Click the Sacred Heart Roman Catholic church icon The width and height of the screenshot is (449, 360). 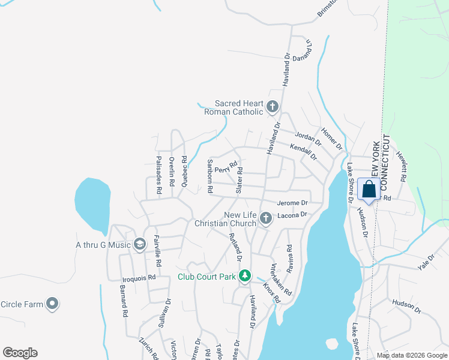pyautogui.click(x=273, y=107)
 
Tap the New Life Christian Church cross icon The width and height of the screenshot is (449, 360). pyautogui.click(x=265, y=218)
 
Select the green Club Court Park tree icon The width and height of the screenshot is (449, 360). pyautogui.click(x=244, y=276)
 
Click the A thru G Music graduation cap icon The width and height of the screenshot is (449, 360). pyautogui.click(x=140, y=244)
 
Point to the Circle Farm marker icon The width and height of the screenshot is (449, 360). pyautogui.click(x=53, y=304)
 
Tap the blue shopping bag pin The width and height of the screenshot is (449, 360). pyautogui.click(x=369, y=190)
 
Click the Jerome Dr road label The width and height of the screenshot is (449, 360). pyautogui.click(x=292, y=203)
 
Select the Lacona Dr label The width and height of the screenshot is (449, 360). pyautogui.click(x=292, y=215)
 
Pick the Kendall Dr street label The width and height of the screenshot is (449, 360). pyautogui.click(x=304, y=152)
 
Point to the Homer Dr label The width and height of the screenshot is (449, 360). pyautogui.click(x=331, y=139)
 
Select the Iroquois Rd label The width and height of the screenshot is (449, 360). pyautogui.click(x=139, y=278)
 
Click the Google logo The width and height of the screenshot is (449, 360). pyautogui.click(x=20, y=353)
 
